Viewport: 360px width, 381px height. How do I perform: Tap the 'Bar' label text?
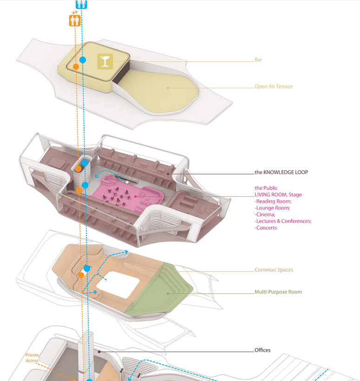pos(258,60)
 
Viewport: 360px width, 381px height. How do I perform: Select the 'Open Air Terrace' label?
pos(273,86)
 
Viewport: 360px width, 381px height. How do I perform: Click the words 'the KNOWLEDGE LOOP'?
pos(281,172)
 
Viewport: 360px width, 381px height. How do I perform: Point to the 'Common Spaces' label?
pos(274,270)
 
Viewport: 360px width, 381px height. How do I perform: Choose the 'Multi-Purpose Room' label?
pos(278,292)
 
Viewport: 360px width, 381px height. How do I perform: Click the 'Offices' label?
pos(262,350)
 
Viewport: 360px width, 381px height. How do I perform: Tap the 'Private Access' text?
pos(32,358)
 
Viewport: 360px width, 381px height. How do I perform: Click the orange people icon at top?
pos(74,20)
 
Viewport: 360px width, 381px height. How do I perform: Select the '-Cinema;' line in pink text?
pos(265,214)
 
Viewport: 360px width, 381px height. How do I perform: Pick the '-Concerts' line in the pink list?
pos(266,227)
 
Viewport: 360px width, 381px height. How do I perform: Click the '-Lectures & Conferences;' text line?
pos(282,221)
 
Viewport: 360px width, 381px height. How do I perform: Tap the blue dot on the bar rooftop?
pos(83,60)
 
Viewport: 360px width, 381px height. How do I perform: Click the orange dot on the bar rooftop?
pos(75,67)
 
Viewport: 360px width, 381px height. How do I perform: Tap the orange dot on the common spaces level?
pos(81,275)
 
